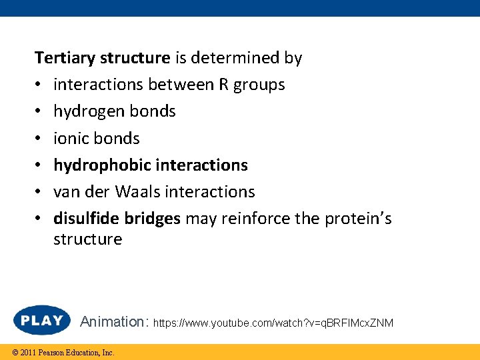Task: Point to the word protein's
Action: click(358, 218)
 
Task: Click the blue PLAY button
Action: click(42, 321)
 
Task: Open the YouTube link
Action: click(273, 323)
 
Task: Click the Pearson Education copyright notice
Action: click(59, 352)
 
